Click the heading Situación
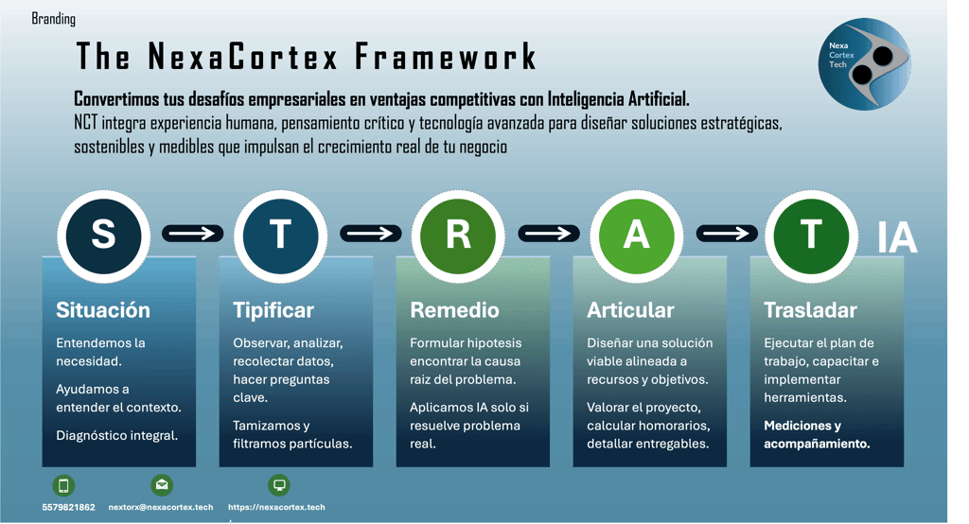pyautogui.click(x=103, y=310)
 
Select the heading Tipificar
pyautogui.click(x=273, y=310)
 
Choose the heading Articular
pyautogui.click(x=630, y=310)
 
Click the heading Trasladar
pyautogui.click(x=810, y=310)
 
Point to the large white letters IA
pyautogui.click(x=897, y=239)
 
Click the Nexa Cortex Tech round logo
pyautogui.click(x=865, y=61)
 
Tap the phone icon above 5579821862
pyautogui.click(x=64, y=486)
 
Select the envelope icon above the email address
pyautogui.click(x=162, y=486)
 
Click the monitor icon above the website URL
pyautogui.click(x=279, y=486)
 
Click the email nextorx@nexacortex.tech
pyautogui.click(x=161, y=507)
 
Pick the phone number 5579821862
pyautogui.click(x=68, y=507)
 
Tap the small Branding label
pyautogui.click(x=54, y=19)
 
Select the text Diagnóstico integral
pyautogui.click(x=116, y=435)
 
